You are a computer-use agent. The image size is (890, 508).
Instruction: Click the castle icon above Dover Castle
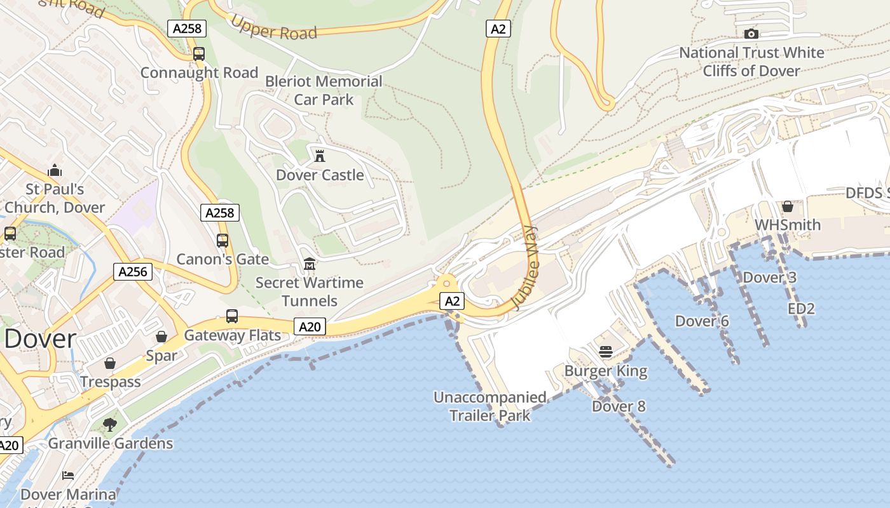(320, 156)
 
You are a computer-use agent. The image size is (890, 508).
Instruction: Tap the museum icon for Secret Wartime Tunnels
(310, 264)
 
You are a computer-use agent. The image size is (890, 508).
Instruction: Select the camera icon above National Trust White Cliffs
(751, 34)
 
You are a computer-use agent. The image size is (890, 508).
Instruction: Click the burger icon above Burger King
(605, 352)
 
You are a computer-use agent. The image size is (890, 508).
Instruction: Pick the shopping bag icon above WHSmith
(788, 206)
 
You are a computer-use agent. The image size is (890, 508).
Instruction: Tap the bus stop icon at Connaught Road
(199, 54)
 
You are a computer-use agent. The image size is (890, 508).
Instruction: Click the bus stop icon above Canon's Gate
(222, 241)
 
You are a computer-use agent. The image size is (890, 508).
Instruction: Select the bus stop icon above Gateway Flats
(232, 316)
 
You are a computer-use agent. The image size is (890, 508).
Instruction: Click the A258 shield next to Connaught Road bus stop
(187, 28)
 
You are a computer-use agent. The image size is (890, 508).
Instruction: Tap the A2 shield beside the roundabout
(452, 301)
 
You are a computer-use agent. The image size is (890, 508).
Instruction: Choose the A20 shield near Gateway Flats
(310, 327)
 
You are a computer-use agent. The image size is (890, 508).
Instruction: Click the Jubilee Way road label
(524, 268)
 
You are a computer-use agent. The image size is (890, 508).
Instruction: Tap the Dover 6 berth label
(702, 321)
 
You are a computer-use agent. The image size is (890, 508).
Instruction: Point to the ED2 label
(801, 309)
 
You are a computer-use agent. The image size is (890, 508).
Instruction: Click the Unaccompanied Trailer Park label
(489, 406)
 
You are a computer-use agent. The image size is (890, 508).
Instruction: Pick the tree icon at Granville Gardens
(110, 424)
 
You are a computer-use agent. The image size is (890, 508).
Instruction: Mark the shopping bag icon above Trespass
(110, 363)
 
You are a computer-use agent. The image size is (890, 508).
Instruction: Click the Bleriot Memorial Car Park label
(324, 90)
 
